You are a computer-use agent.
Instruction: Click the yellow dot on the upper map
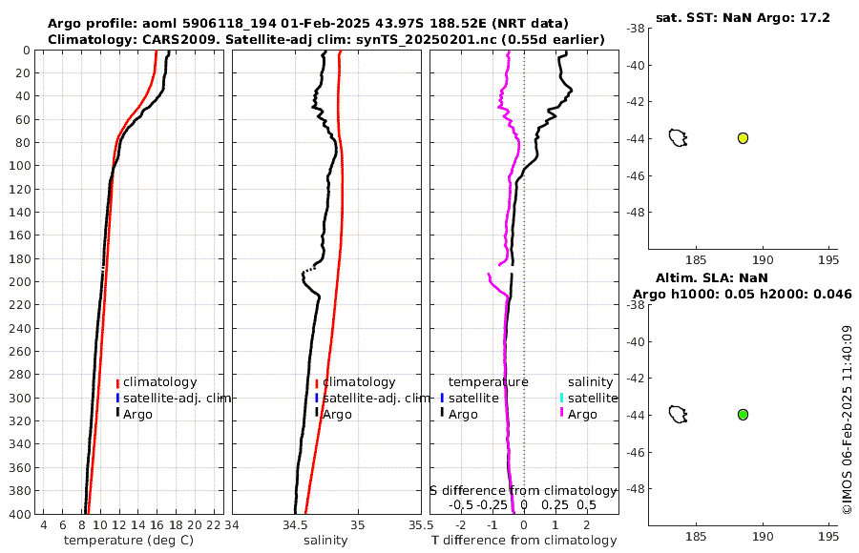(x=743, y=138)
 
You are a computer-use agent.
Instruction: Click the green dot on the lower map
(x=743, y=415)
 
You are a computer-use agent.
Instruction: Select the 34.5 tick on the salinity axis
(x=296, y=525)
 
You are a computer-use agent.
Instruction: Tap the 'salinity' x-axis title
(x=325, y=541)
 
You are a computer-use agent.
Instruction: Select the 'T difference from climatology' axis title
(x=524, y=541)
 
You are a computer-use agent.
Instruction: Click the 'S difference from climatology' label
(x=523, y=490)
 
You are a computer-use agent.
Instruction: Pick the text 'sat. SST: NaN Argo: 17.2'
(x=743, y=18)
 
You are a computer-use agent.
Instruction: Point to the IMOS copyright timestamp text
(x=847, y=420)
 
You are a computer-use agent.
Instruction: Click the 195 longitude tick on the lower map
(x=828, y=535)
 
